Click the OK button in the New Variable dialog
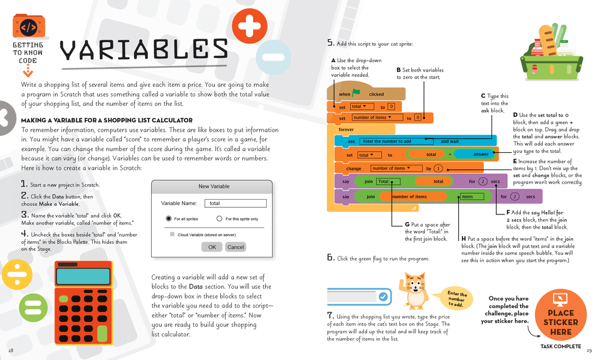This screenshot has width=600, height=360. tap(212, 247)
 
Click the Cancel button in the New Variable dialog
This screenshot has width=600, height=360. tap(236, 247)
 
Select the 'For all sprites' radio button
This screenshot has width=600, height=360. tap(169, 219)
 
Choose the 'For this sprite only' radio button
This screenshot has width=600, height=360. tap(219, 219)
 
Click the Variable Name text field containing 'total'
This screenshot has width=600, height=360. tap(236, 203)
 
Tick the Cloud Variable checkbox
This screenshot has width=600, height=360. tap(172, 235)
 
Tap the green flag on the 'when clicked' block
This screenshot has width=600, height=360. tap(356, 93)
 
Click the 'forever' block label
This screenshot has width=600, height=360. tap(346, 130)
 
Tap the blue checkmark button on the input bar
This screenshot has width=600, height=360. tap(383, 297)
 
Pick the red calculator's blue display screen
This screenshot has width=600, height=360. tap(82, 277)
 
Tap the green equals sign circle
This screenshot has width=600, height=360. tap(33, 308)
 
